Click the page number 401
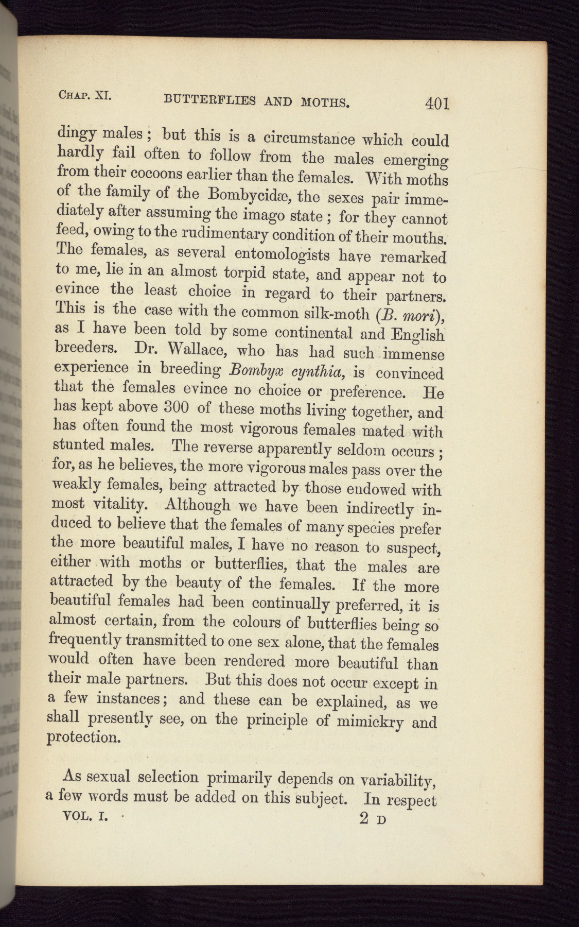pyautogui.click(x=437, y=104)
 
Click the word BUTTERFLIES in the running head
pyautogui.click(x=209, y=99)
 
